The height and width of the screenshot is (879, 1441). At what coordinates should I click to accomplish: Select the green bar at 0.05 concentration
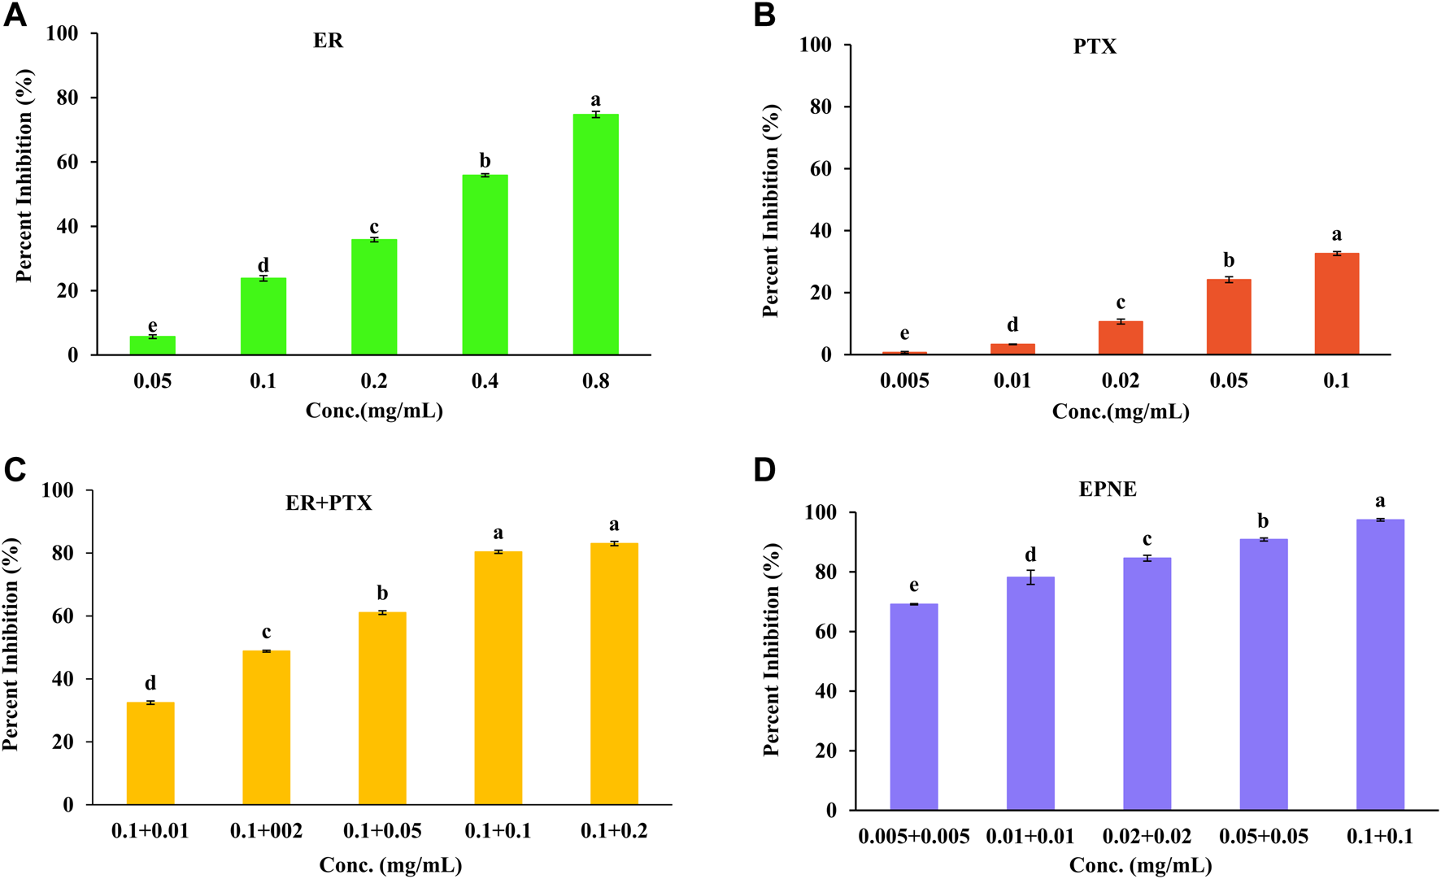152,346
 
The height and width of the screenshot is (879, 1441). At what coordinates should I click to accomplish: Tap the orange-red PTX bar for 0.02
1120,338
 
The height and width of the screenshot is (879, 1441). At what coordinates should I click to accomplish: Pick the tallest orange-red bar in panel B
1336,304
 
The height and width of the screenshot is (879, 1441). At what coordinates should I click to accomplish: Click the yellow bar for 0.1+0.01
150,753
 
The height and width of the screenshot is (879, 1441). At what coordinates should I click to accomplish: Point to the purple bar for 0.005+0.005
914,707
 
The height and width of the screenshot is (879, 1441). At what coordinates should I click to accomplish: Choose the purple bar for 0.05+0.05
1263,674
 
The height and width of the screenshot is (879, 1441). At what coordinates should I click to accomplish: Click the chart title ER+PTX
329,503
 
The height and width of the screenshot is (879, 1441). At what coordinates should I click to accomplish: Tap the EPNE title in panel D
1108,490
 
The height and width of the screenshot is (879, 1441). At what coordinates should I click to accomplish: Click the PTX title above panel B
1095,46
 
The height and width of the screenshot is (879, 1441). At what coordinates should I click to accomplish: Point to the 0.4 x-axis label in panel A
485,381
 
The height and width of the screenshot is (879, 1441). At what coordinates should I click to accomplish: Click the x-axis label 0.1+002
266,831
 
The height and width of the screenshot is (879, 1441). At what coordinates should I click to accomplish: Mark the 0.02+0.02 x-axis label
1147,837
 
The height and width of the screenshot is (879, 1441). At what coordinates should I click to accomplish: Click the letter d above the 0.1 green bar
263,265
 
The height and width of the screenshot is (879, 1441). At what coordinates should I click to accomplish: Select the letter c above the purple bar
1147,539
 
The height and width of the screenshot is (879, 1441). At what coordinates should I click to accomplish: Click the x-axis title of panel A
374,411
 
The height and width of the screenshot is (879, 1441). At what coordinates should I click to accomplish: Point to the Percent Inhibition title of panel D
771,650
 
